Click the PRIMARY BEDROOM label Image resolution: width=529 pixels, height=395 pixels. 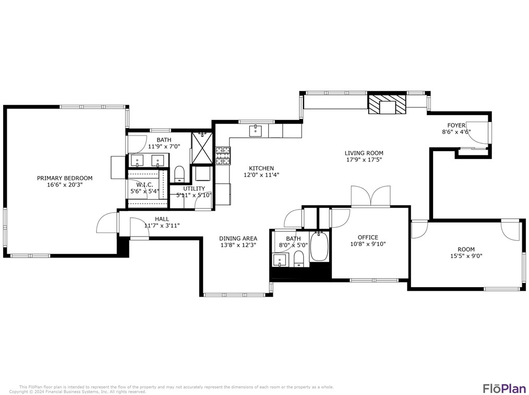point(64,178)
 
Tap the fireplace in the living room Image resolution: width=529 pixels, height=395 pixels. point(387,104)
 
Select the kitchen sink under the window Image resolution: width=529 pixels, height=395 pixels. point(256,130)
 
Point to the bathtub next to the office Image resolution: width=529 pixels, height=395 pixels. point(319,248)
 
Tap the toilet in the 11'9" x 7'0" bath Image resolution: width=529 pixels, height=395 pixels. point(178,174)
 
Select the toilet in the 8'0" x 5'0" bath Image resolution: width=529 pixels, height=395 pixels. point(299,258)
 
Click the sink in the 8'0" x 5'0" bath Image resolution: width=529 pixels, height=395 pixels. point(280,260)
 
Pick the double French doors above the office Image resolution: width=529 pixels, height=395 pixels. point(370,197)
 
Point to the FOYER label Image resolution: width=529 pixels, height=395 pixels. point(456,126)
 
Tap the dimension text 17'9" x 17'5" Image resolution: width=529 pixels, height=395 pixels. point(364,160)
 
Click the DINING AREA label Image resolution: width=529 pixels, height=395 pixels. point(238,239)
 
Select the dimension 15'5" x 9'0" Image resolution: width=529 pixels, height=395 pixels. point(466,256)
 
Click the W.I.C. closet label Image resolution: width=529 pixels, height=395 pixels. point(145,184)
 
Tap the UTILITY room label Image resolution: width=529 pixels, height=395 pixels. point(194,189)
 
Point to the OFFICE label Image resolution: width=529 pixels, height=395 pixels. point(368,238)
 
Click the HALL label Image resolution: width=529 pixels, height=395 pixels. point(162,219)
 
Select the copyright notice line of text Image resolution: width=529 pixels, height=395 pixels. point(78,392)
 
